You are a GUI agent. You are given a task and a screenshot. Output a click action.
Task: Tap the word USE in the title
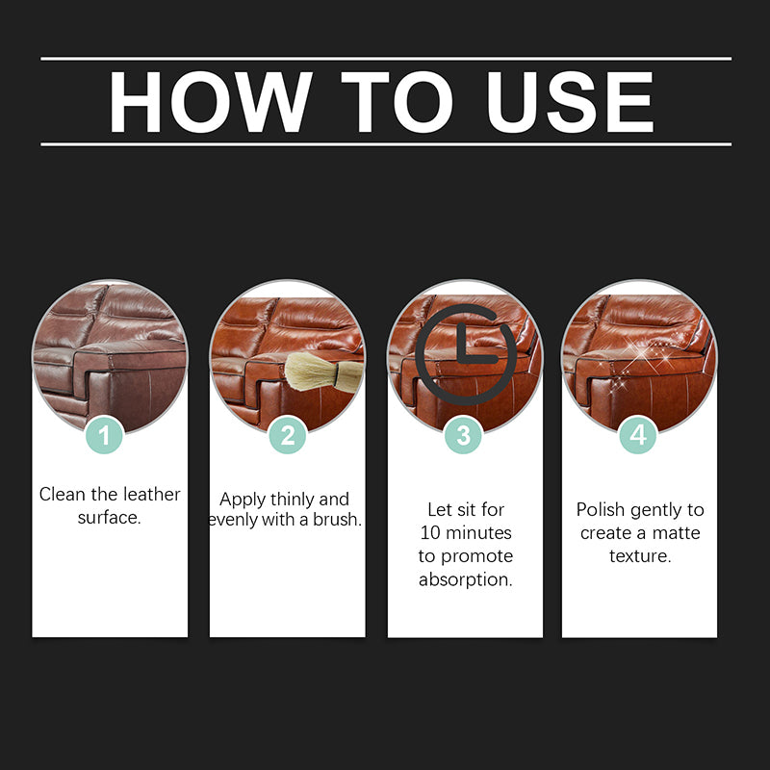[x=571, y=101]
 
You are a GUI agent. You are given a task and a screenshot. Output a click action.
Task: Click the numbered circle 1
[x=105, y=436]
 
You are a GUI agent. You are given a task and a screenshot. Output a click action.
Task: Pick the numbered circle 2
[x=287, y=436]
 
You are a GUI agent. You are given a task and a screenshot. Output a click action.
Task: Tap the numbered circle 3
[x=463, y=436]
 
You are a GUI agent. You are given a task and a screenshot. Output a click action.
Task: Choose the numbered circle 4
[x=637, y=436]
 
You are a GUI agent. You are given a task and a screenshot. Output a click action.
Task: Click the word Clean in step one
[x=62, y=495]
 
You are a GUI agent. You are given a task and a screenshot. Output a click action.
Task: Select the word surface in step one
[x=110, y=518]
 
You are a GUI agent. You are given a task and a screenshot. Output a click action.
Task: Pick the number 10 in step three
[x=431, y=532]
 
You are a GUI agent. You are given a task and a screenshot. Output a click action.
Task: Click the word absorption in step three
[x=466, y=579]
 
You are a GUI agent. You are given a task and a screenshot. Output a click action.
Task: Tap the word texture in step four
[x=639, y=556]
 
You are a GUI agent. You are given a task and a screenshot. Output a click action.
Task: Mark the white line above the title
[x=385, y=59]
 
